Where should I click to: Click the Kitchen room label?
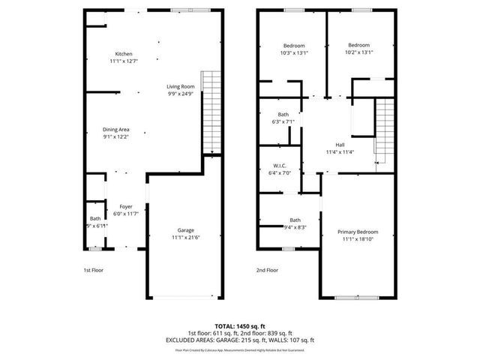point(124,53)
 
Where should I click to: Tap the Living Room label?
point(180,87)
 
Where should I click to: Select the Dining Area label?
point(116,130)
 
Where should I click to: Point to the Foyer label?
point(126,206)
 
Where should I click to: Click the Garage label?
point(186,230)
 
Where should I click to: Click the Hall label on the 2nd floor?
point(340,145)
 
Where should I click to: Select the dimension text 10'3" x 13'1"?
point(293,52)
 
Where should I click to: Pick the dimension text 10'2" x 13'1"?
point(358,52)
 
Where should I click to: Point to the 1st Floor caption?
point(94,270)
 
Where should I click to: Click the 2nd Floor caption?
point(267,270)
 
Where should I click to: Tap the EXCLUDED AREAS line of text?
point(240,340)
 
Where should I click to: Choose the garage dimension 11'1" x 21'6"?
point(186,237)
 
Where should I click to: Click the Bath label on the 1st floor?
point(95,218)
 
